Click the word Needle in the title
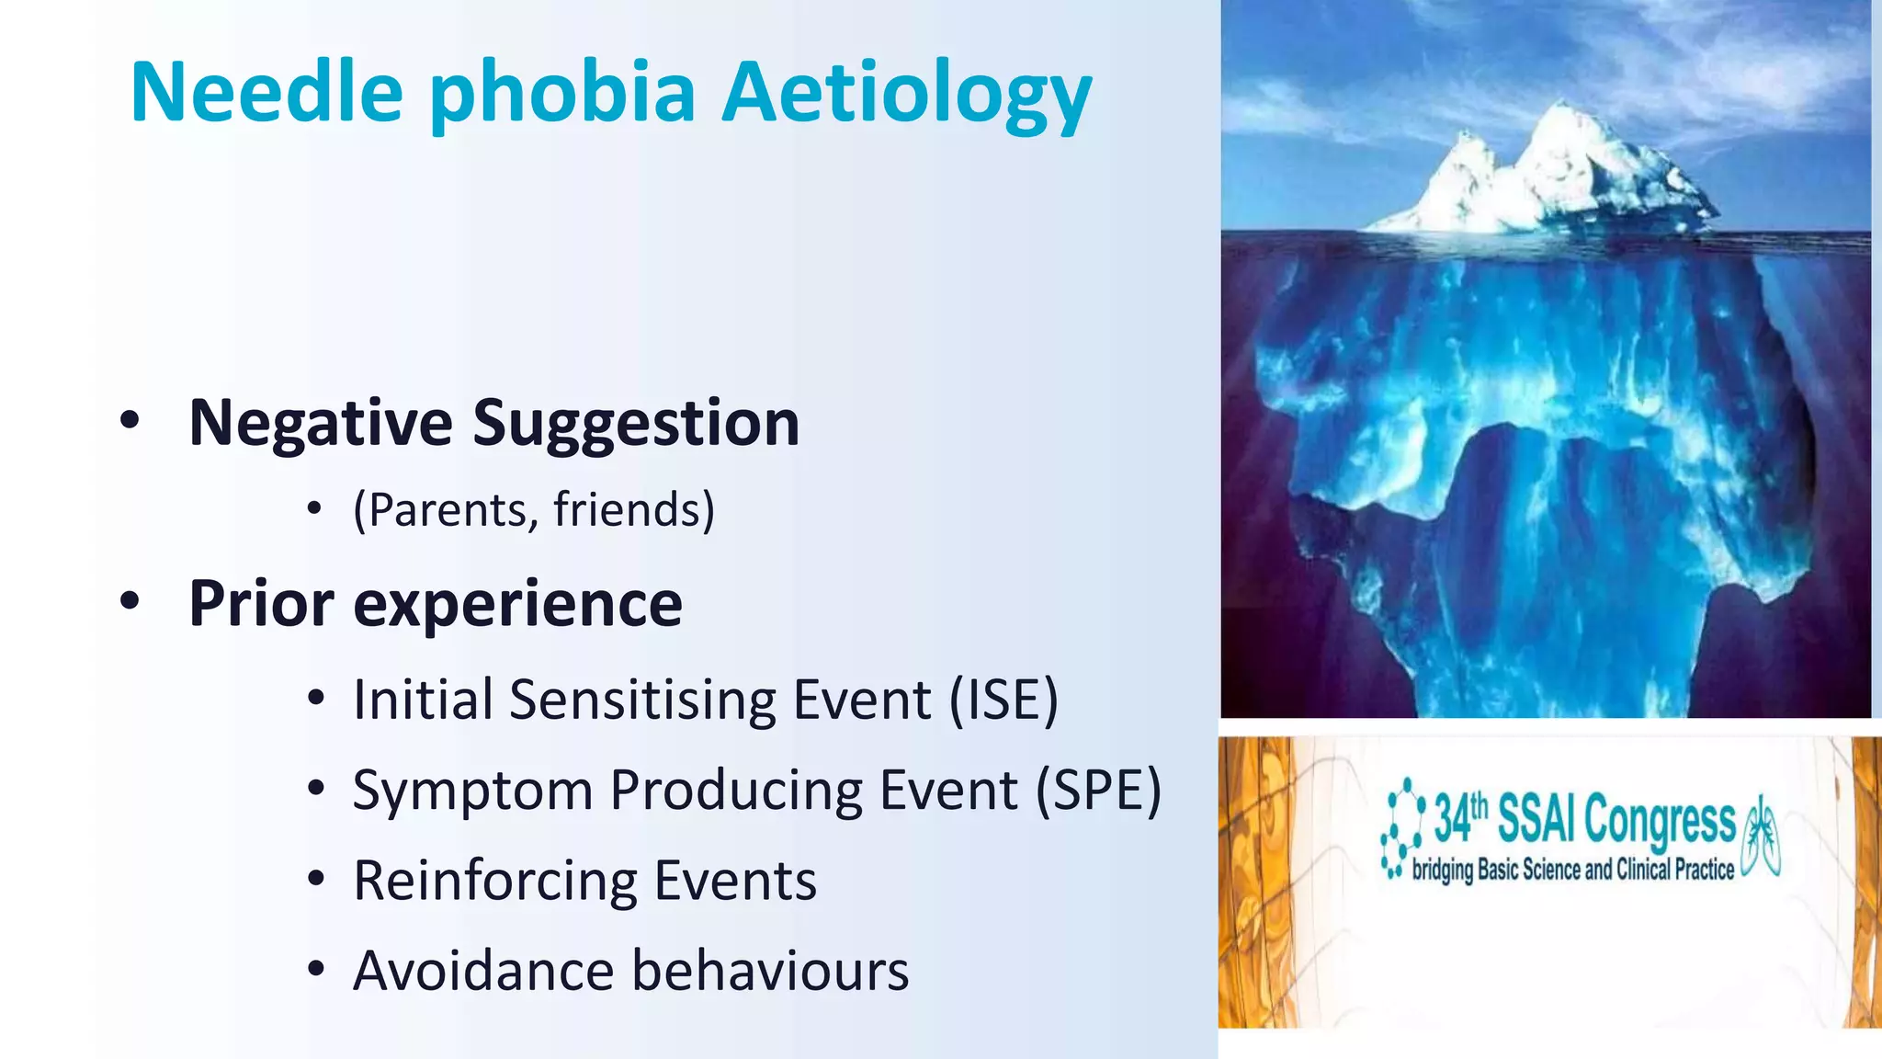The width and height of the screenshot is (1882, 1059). tap(266, 92)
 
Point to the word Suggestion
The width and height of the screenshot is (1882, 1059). tap(635, 425)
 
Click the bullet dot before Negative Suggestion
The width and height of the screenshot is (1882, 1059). tap(130, 421)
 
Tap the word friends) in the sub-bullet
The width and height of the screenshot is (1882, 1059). tap(633, 509)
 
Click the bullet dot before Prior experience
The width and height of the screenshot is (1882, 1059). tap(130, 601)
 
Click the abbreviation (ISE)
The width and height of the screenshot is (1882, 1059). tap(1003, 700)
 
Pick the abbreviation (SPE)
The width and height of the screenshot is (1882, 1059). tap(1098, 790)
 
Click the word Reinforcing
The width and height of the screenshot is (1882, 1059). tap(494, 881)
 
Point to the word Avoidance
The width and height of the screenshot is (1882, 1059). tap(483, 971)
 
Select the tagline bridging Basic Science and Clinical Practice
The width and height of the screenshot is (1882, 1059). tap(1572, 870)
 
